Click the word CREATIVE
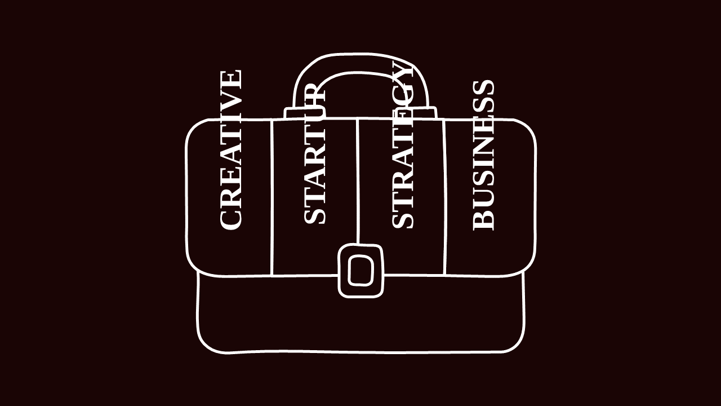click(x=230, y=150)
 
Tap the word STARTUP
click(x=315, y=154)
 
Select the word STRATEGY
click(x=402, y=145)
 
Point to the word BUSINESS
click(x=483, y=155)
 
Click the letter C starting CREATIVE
click(x=230, y=219)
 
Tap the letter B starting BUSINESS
click(x=483, y=220)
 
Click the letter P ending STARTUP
click(x=315, y=92)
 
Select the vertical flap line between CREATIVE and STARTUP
click(x=272, y=197)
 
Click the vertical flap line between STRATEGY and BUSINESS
click(x=444, y=197)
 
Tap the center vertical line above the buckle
click(x=358, y=182)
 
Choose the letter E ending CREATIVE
click(x=230, y=78)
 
